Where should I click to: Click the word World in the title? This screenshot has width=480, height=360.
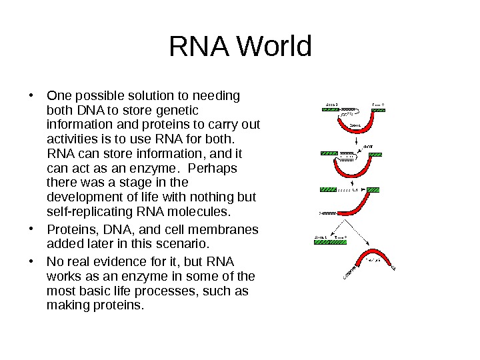[274, 47]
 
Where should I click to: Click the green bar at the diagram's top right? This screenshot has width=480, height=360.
[378, 109]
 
